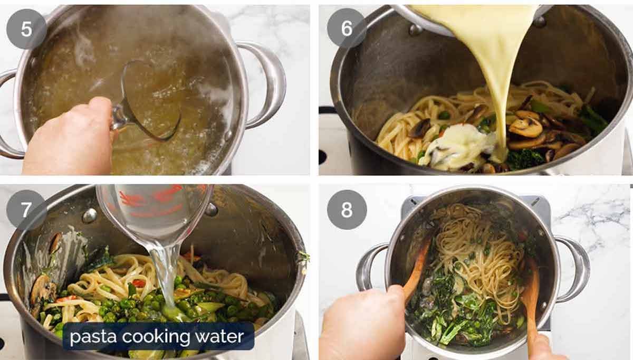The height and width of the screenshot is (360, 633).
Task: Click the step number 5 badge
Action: click(26, 29)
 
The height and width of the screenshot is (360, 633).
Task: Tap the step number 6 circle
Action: click(347, 29)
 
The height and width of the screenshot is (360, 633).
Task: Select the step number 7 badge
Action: click(26, 210)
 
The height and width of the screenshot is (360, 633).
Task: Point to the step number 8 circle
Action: click(347, 210)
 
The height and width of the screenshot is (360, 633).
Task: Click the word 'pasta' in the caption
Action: click(92, 336)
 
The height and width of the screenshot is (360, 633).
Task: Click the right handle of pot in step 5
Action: click(266, 84)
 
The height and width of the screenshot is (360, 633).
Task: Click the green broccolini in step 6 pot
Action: click(593, 119)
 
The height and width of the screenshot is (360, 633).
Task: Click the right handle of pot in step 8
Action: click(572, 269)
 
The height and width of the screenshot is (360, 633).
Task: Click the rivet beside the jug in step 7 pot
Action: click(89, 215)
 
